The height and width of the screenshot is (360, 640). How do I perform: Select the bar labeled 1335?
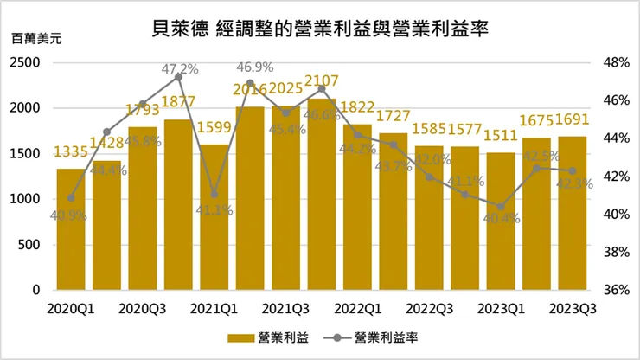tap(71, 229)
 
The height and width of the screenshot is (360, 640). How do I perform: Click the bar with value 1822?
tap(357, 208)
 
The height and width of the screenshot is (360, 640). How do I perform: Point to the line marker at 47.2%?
tap(178, 77)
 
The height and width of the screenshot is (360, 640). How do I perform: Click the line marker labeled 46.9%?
tap(250, 83)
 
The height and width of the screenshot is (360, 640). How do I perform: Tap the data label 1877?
tap(178, 103)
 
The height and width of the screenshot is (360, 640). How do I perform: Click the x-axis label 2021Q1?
tap(213, 308)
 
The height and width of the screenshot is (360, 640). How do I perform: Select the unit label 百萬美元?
tap(31, 41)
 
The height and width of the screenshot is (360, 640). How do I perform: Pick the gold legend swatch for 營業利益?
tap(240, 337)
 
